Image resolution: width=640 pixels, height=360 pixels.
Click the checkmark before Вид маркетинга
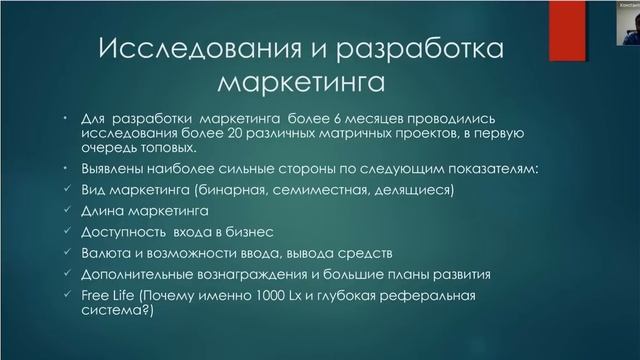click(x=66, y=189)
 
